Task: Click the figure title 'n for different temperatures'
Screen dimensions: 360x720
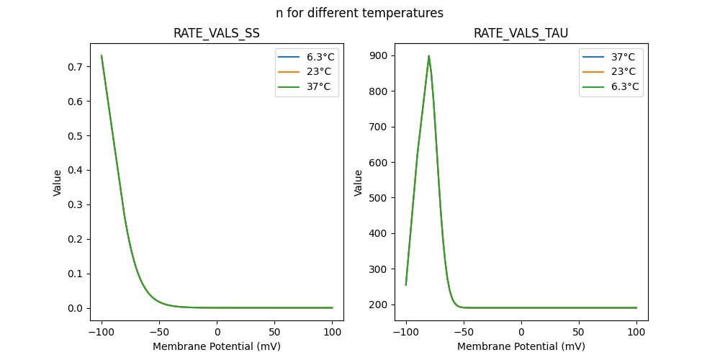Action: (x=359, y=13)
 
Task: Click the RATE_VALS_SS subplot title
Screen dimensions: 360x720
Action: (x=216, y=33)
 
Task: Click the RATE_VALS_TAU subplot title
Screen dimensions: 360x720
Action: (x=521, y=33)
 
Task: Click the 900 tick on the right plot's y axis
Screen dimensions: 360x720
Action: (x=379, y=55)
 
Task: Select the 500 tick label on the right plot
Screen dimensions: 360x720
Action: (x=379, y=198)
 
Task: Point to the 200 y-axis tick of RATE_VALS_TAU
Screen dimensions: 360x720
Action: (x=379, y=305)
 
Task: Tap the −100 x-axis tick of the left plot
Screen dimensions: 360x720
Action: (x=102, y=332)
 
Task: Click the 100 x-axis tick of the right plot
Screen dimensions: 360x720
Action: (x=636, y=332)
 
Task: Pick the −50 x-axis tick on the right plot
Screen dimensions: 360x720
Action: (x=464, y=332)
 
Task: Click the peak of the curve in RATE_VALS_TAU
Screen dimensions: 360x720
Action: (x=429, y=55)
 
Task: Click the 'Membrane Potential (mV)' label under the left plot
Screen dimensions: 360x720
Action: (x=216, y=346)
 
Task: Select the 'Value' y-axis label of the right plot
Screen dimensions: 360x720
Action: (x=358, y=182)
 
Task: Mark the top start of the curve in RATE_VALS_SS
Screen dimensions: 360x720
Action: (x=102, y=55)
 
